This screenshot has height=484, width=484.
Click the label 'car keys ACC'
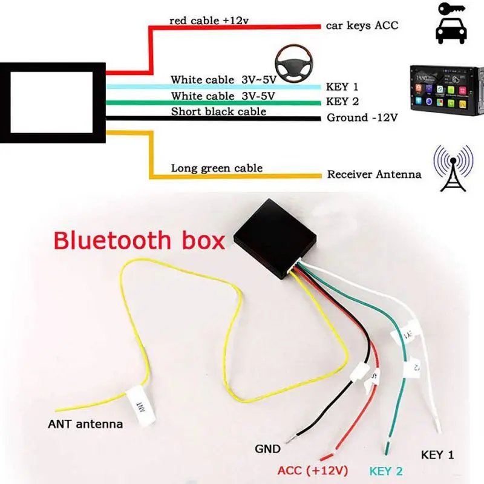[x=362, y=25]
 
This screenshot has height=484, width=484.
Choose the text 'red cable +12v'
[x=209, y=21]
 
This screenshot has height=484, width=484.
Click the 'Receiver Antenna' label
[x=374, y=174]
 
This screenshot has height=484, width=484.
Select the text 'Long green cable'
[x=217, y=168]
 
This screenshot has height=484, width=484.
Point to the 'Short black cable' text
[x=218, y=111]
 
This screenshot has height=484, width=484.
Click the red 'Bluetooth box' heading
[x=139, y=240]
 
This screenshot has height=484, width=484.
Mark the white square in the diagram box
[x=52, y=102]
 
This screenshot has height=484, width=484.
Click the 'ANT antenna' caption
[x=85, y=424]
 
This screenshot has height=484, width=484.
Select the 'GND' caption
[x=267, y=449]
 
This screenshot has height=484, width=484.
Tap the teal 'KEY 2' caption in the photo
[x=385, y=471]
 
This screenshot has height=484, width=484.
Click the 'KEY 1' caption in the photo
[x=437, y=454]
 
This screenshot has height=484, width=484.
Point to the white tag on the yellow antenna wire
[x=137, y=402]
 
